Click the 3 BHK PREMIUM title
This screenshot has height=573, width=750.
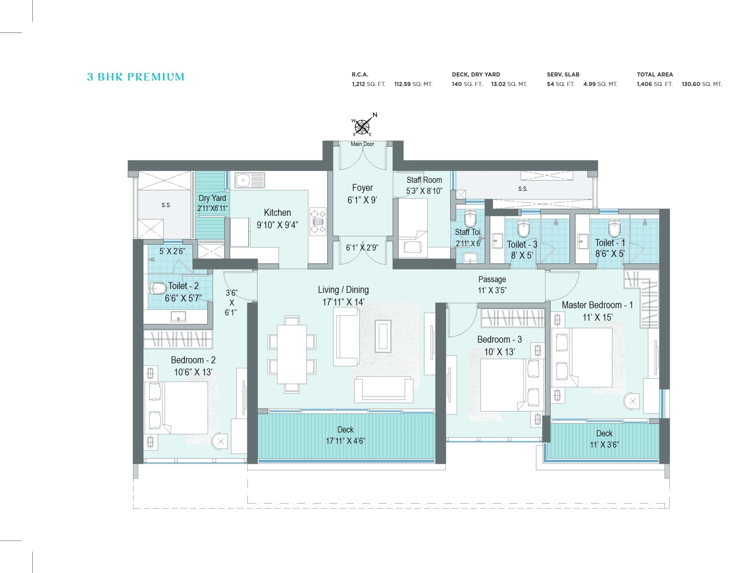click(x=136, y=77)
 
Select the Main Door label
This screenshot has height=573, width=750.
click(x=362, y=144)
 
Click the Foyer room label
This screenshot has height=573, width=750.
click(x=362, y=188)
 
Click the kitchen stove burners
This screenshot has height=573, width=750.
click(x=318, y=222)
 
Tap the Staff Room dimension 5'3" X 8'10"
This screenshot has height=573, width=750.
click(x=424, y=191)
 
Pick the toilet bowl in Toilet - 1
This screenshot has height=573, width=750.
click(x=614, y=228)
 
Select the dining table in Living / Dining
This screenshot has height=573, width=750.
click(x=292, y=354)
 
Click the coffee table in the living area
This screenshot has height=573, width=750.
click(x=383, y=336)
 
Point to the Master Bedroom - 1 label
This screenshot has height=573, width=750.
click(x=597, y=305)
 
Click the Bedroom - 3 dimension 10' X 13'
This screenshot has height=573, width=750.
click(x=500, y=352)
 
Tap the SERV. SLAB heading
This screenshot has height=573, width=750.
click(x=563, y=74)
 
